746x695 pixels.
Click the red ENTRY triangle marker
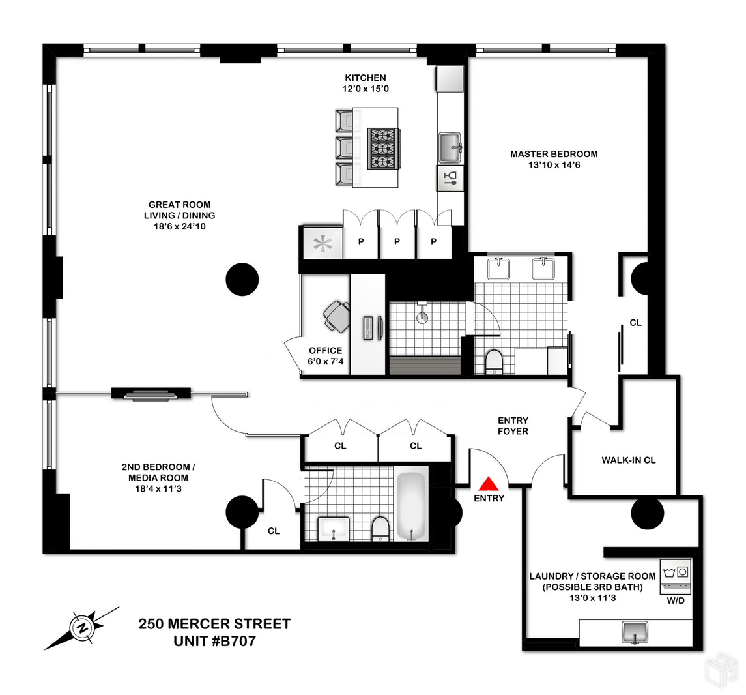pyautogui.click(x=489, y=484)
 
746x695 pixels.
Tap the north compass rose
pyautogui.click(x=83, y=628)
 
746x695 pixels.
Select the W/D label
pyautogui.click(x=676, y=600)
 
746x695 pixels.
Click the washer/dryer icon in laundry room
pyautogui.click(x=676, y=574)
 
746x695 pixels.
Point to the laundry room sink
pyautogui.click(x=634, y=632)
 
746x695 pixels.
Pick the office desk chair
pyautogui.click(x=336, y=316)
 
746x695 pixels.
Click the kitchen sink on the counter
pyautogui.click(x=450, y=147)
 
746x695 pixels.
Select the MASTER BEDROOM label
pyautogui.click(x=554, y=155)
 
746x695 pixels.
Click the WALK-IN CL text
pyautogui.click(x=628, y=460)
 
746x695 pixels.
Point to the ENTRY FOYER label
pyautogui.click(x=513, y=426)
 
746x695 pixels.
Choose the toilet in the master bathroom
pyautogui.click(x=495, y=362)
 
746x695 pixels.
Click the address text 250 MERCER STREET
pyautogui.click(x=214, y=624)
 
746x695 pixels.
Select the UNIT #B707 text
pyautogui.click(x=214, y=642)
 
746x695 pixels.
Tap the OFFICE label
pyautogui.click(x=325, y=351)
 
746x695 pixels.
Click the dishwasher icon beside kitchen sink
pyautogui.click(x=450, y=177)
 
